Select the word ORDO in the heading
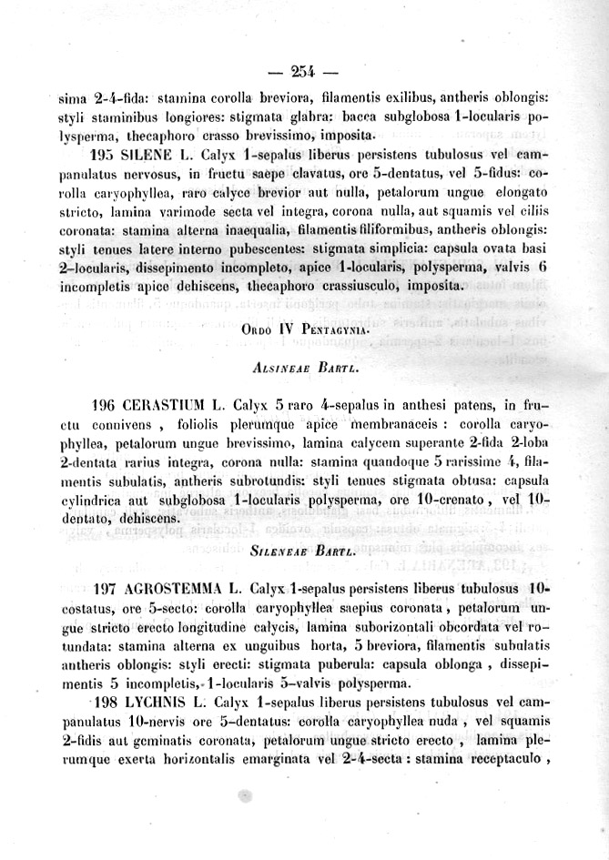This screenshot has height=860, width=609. click(x=259, y=331)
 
